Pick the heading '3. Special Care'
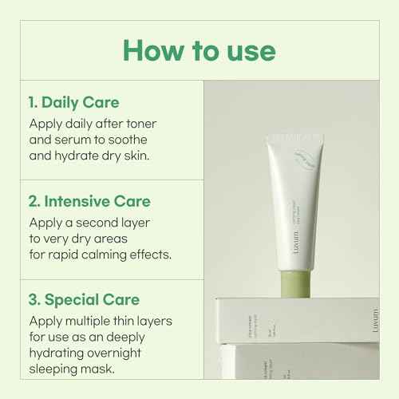pyautogui.click(x=85, y=301)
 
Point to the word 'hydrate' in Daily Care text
pyautogui.click(x=82, y=156)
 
